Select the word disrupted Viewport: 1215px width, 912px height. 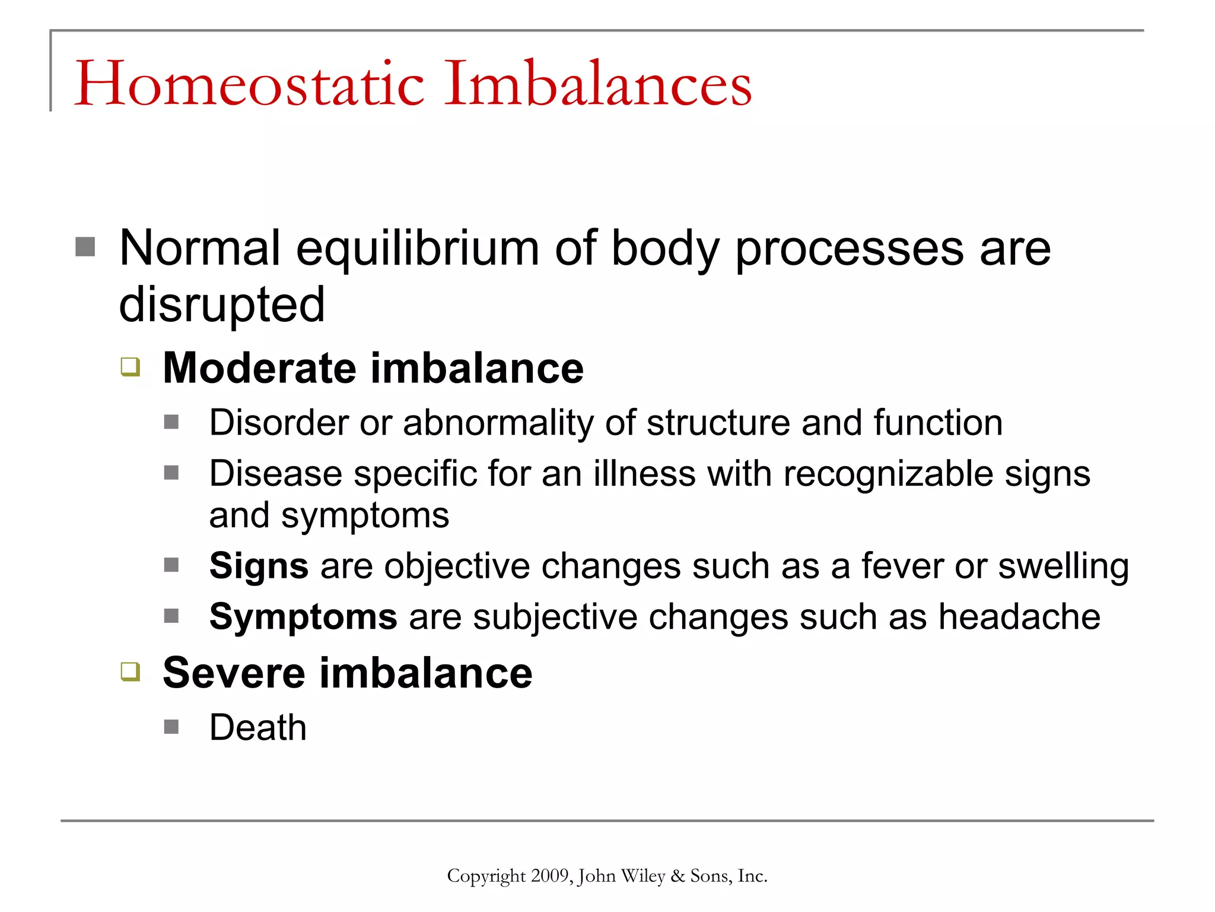pyautogui.click(x=222, y=305)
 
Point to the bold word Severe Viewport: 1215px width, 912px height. pyautogui.click(x=234, y=673)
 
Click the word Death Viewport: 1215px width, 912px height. pyautogui.click(x=258, y=727)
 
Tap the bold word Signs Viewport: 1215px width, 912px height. pyautogui.click(x=259, y=566)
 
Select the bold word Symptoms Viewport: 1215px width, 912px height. pyautogui.click(x=303, y=617)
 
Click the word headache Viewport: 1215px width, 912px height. pyautogui.click(x=1019, y=617)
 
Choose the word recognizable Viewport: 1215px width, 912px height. pyautogui.click(x=888, y=474)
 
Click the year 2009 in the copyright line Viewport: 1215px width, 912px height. pyautogui.click(x=550, y=876)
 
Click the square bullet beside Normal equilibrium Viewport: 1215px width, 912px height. pyautogui.click(x=85, y=247)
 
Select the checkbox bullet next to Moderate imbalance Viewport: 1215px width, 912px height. pyautogui.click(x=131, y=367)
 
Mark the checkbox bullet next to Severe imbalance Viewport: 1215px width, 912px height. pyautogui.click(x=131, y=672)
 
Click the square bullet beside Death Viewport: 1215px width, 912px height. pyautogui.click(x=171, y=727)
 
